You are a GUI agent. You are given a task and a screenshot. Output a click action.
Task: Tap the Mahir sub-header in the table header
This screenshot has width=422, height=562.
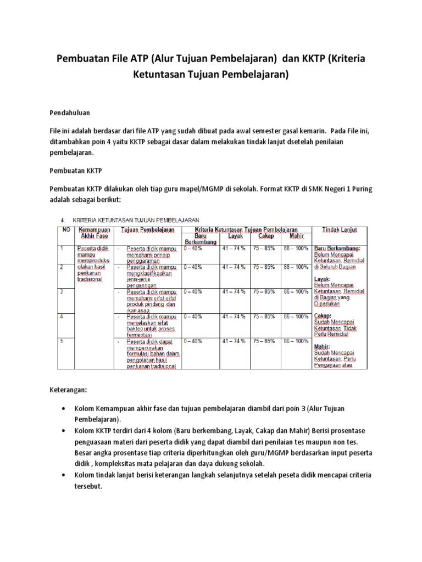click(296, 236)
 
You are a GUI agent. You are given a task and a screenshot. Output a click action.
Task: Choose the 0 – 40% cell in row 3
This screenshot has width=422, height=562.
click(194, 292)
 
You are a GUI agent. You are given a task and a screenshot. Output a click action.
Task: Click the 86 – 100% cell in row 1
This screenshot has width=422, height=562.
click(296, 248)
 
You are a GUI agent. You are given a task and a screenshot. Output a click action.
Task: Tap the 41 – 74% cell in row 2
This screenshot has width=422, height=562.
click(234, 267)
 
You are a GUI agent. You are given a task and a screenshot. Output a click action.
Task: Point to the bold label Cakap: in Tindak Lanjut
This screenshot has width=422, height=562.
click(323, 316)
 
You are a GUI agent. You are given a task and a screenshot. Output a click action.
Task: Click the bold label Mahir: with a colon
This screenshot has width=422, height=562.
click(322, 347)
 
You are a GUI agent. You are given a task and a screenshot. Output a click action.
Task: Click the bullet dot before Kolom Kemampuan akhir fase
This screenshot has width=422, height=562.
click(65, 409)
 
